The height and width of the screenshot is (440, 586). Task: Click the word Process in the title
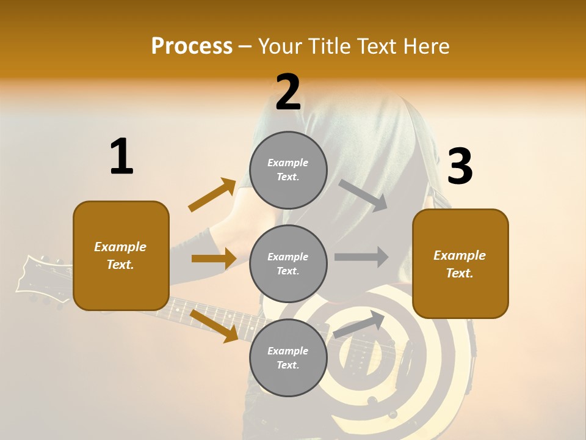[192, 46]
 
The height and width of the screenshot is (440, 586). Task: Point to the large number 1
[121, 158]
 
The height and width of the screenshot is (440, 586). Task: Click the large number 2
[288, 93]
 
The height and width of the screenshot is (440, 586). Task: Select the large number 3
[460, 167]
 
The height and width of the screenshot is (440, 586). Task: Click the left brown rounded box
[121, 255]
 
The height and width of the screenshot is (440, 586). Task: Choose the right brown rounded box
[460, 263]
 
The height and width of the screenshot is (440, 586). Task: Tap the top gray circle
[288, 169]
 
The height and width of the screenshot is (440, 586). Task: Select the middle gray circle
[288, 263]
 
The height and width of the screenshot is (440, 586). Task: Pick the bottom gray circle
[288, 358]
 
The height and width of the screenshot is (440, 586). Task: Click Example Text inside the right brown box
[460, 264]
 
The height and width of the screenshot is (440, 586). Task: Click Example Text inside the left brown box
[120, 255]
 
